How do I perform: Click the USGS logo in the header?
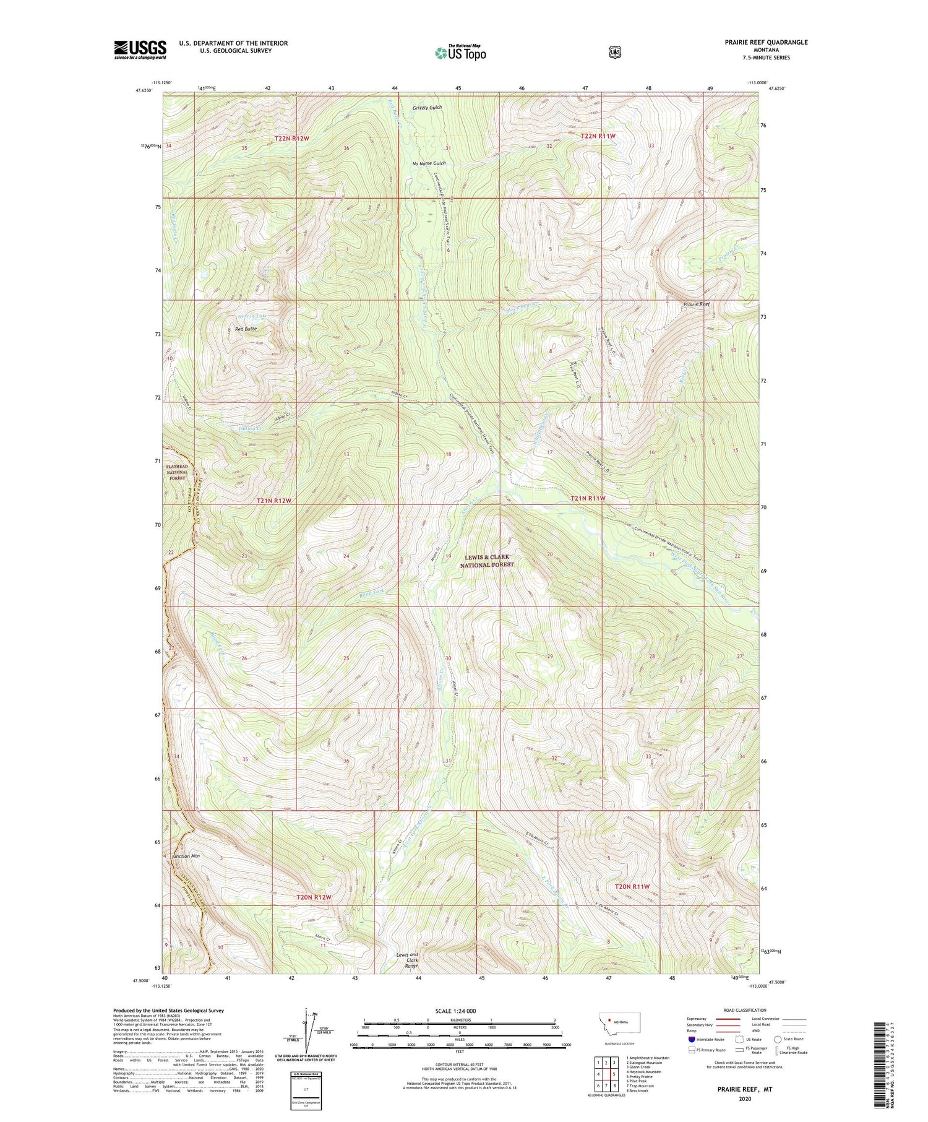pos(140,50)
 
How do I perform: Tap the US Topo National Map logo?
pos(460,53)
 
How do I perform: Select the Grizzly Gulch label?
pos(427,108)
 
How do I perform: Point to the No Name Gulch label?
pos(429,163)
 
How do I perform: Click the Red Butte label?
pos(246,329)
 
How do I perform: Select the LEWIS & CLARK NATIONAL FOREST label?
pos(487,561)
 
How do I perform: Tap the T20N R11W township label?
pos(632,886)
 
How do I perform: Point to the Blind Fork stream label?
pos(372,593)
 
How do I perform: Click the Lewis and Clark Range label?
pos(407,960)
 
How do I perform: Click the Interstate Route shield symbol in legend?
pos(692,1039)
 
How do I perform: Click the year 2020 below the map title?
pos(744,1098)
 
